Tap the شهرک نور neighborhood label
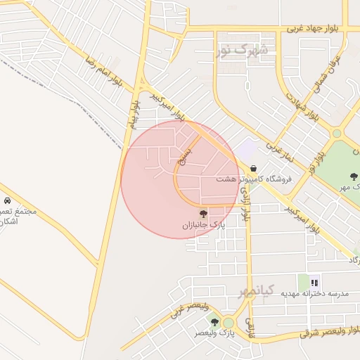tap(243, 51)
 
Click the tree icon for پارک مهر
tap(354, 176)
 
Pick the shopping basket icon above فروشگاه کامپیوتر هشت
tap(252, 168)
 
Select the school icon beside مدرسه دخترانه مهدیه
tap(314, 282)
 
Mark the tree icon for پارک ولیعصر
tap(214, 322)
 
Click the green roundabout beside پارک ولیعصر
tap(228, 323)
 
